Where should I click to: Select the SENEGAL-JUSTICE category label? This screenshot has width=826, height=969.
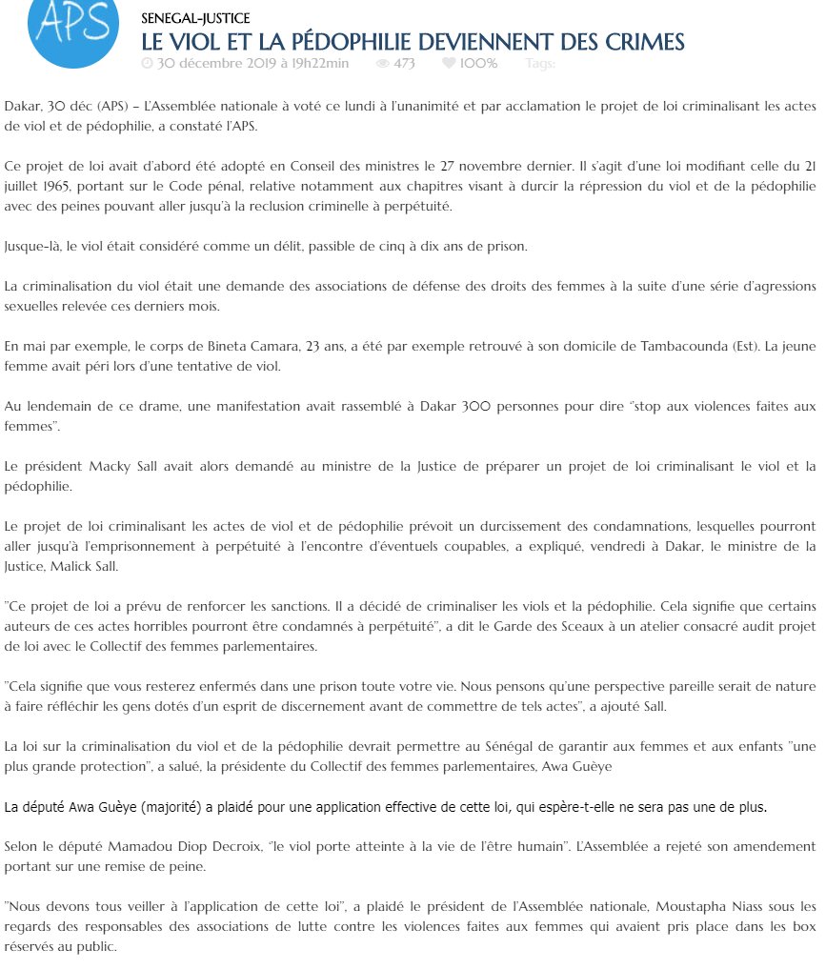tap(195, 18)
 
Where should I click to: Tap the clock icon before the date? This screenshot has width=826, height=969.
tap(147, 64)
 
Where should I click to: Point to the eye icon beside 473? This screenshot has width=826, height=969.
tap(382, 64)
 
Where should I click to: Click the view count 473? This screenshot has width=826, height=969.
tap(404, 64)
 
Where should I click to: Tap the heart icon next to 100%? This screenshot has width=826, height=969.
tap(448, 64)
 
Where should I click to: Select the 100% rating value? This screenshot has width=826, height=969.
tap(478, 64)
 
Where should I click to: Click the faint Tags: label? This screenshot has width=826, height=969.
tap(540, 64)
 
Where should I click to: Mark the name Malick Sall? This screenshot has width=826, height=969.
tap(92, 565)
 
